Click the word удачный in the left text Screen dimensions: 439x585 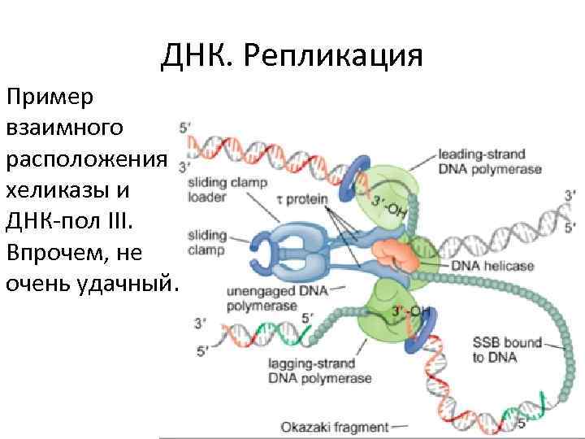pos(125,284)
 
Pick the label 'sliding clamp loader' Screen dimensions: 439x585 pos(227,189)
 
